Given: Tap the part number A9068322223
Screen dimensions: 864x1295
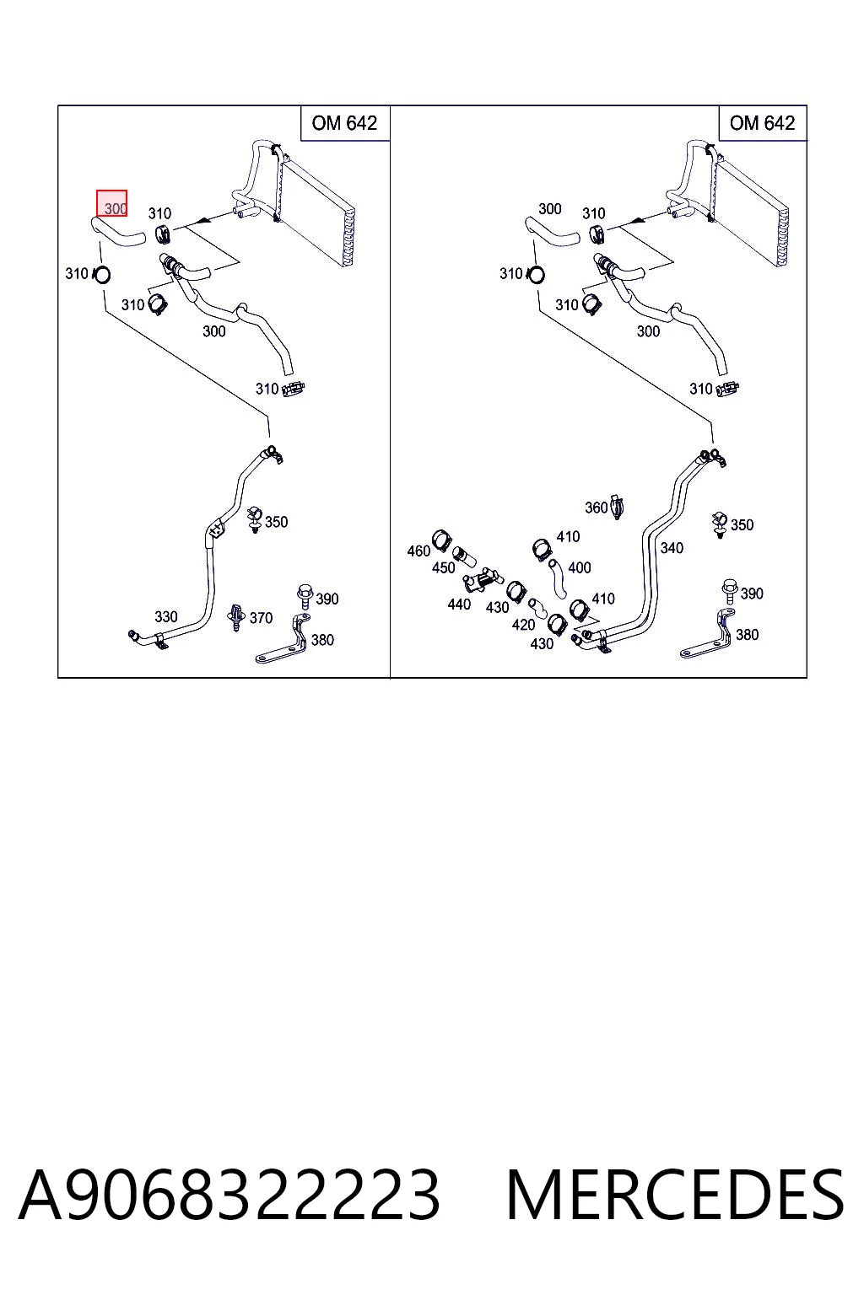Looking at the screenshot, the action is click(x=229, y=1195).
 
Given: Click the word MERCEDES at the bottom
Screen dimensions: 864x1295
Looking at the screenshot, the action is click(x=675, y=1195).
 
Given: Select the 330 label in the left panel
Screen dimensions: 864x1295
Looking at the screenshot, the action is click(x=166, y=616).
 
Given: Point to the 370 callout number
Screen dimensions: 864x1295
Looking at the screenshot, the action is click(x=261, y=618).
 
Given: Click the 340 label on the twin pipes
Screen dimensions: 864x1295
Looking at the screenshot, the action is click(x=672, y=547).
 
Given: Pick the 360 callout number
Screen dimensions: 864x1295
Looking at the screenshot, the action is click(x=596, y=508).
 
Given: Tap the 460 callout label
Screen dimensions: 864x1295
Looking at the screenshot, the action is click(x=418, y=551).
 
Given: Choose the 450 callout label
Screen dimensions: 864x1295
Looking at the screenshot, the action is click(x=443, y=567).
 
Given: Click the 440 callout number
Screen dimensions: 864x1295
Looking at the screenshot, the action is click(x=459, y=605).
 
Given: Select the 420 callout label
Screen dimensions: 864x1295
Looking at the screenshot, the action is click(x=523, y=625).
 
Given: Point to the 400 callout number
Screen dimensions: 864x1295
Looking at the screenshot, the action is click(x=580, y=567).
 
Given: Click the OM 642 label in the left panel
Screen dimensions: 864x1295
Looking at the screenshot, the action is click(x=344, y=123).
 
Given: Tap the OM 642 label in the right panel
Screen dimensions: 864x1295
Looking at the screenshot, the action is click(x=762, y=123).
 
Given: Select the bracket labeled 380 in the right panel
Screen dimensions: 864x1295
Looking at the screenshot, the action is click(x=707, y=635).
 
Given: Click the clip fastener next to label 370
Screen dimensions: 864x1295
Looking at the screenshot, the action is click(x=236, y=617).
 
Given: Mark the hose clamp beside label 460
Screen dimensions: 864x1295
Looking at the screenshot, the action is click(x=442, y=540).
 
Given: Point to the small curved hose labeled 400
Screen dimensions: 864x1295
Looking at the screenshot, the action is click(x=557, y=578).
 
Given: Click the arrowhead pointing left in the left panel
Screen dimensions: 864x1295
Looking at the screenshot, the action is click(x=203, y=220).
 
